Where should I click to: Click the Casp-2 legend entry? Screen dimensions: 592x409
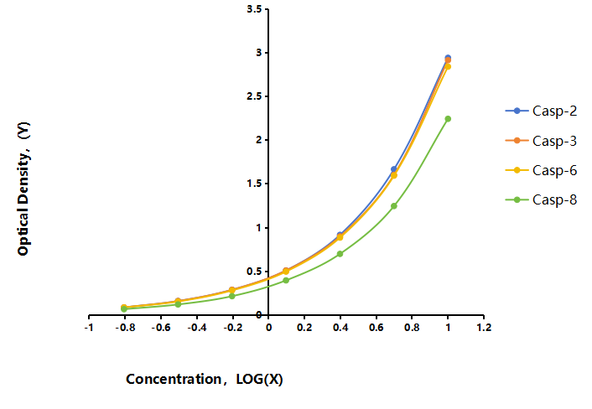[541, 111]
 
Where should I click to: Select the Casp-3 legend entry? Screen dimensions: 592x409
[541, 141]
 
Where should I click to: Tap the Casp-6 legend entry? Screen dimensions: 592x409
[541, 170]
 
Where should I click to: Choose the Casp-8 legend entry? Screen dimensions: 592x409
[541, 199]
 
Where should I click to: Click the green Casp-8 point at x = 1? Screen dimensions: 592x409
[448, 119]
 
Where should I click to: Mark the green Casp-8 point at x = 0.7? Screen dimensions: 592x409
[394, 206]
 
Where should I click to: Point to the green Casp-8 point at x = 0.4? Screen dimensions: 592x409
[340, 254]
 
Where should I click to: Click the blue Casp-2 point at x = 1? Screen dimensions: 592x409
[448, 58]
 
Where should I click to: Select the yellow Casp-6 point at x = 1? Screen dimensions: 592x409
[448, 67]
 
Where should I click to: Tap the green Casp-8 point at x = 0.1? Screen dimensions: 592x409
[286, 280]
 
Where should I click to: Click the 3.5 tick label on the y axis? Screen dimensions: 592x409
[254, 9]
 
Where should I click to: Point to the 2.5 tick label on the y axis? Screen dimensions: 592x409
[254, 96]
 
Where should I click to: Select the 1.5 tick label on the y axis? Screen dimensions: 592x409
[254, 184]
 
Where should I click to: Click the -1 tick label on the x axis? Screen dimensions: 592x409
[89, 328]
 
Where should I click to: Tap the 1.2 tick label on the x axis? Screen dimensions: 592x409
[484, 328]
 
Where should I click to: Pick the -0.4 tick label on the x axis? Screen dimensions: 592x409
[197, 328]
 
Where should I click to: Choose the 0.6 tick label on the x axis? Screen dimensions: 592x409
[376, 328]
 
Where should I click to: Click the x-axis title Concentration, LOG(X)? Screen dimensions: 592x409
[205, 379]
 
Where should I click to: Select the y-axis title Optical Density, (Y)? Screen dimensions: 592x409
[23, 189]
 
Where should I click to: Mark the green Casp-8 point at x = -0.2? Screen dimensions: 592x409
[231, 296]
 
